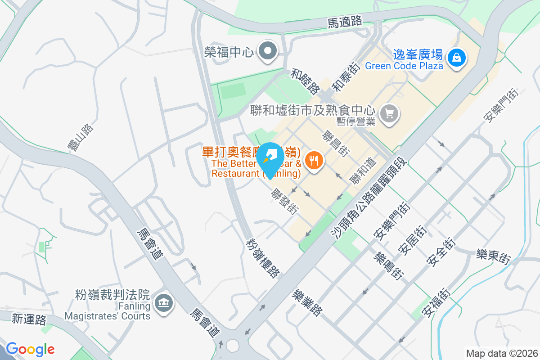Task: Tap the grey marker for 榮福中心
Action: [269, 51]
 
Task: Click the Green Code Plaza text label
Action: [404, 66]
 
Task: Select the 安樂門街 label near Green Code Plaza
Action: [501, 106]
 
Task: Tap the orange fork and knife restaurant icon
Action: [314, 160]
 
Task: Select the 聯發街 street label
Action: [284, 201]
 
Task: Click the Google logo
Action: [30, 349]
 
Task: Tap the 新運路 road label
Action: [29, 320]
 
